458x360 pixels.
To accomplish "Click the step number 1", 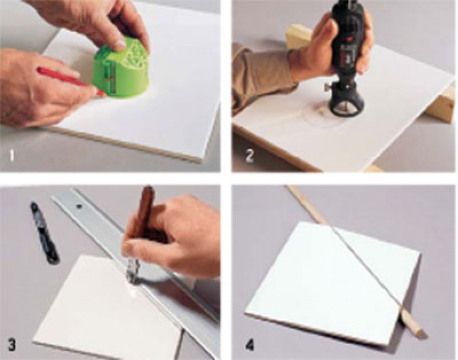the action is [12, 155].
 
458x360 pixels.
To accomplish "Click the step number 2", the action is [249, 155].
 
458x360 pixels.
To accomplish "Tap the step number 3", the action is [11, 345].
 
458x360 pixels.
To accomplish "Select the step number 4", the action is [249, 345].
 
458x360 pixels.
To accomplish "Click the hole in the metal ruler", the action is [78, 207].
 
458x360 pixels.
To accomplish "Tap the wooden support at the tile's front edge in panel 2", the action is [374, 169].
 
